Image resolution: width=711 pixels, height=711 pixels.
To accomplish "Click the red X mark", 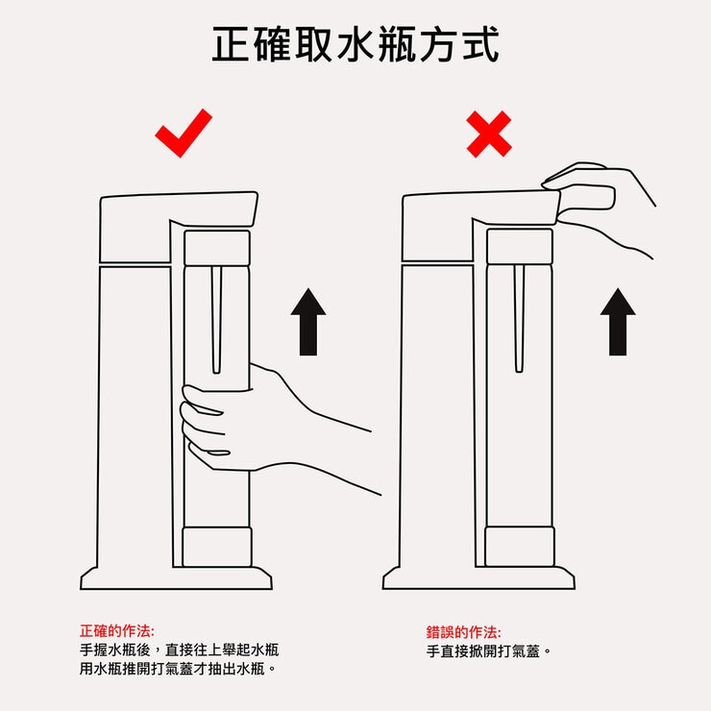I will (489, 134).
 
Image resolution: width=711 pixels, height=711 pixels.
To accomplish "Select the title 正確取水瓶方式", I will (355, 44).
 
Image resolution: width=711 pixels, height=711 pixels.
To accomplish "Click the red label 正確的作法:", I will (116, 631).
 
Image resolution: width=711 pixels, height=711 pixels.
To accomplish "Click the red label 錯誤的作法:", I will (463, 632).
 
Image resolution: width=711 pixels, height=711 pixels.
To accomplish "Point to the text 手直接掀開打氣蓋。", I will (490, 651).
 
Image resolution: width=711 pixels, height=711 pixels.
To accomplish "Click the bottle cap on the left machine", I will (216, 248).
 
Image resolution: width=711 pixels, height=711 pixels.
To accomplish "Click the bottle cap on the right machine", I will (520, 246).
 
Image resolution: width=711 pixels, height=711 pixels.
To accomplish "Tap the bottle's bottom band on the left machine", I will (217, 546).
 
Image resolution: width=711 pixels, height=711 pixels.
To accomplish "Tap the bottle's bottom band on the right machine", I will (520, 546).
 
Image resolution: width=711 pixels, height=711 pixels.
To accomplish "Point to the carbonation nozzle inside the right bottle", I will (519, 317).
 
